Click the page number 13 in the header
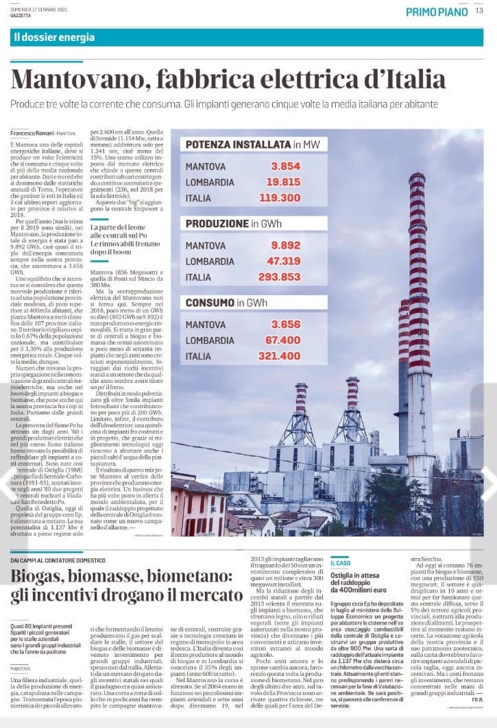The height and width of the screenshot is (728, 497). [x=479, y=11]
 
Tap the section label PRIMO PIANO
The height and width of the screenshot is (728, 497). [x=437, y=12]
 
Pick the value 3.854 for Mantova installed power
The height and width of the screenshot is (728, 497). [x=285, y=166]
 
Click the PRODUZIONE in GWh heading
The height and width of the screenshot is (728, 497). [x=230, y=224]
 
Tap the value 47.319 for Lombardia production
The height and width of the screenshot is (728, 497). [x=280, y=261]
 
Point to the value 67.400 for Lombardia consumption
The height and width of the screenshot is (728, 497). [x=280, y=340]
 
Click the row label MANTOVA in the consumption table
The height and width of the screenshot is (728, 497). [x=206, y=324]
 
